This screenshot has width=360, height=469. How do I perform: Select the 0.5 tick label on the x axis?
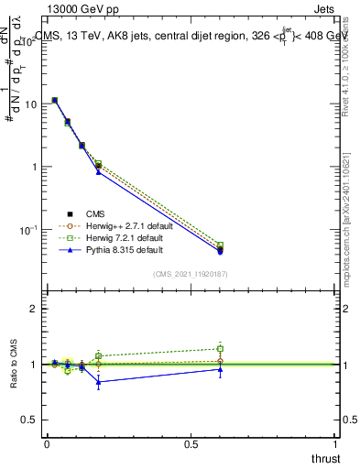coord(191,442)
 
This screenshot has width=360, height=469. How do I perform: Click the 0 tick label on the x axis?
coord(47,442)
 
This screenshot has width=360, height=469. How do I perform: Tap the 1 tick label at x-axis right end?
coord(335,442)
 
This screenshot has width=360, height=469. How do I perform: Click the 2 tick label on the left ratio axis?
coord(34,309)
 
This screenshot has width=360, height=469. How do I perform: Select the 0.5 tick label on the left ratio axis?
coord(29,419)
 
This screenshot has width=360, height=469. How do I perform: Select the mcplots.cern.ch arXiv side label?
coord(352,229)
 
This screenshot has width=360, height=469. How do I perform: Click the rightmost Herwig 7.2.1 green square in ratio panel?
coord(220,348)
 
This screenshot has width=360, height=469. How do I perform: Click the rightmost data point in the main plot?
coord(220,249)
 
